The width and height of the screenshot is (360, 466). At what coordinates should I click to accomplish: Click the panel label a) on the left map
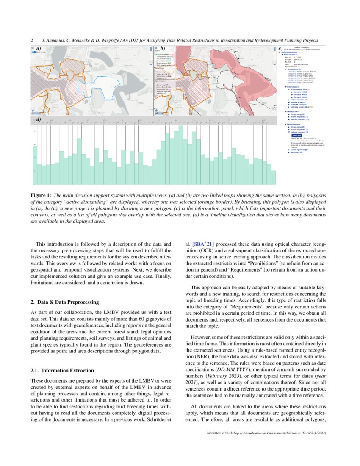pos(39,49)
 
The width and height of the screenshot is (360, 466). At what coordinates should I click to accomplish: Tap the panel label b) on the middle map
pos(163,49)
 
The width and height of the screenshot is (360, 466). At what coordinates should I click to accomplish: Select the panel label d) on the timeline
pos(39,119)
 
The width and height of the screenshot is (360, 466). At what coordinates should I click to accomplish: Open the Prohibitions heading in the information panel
pos(294,112)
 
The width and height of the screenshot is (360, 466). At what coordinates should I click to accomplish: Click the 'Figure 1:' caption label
pos(40,195)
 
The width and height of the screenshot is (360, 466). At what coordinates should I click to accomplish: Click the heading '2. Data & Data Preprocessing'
pos(65,302)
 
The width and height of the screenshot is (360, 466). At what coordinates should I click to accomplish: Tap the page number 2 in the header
pos(32,40)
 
